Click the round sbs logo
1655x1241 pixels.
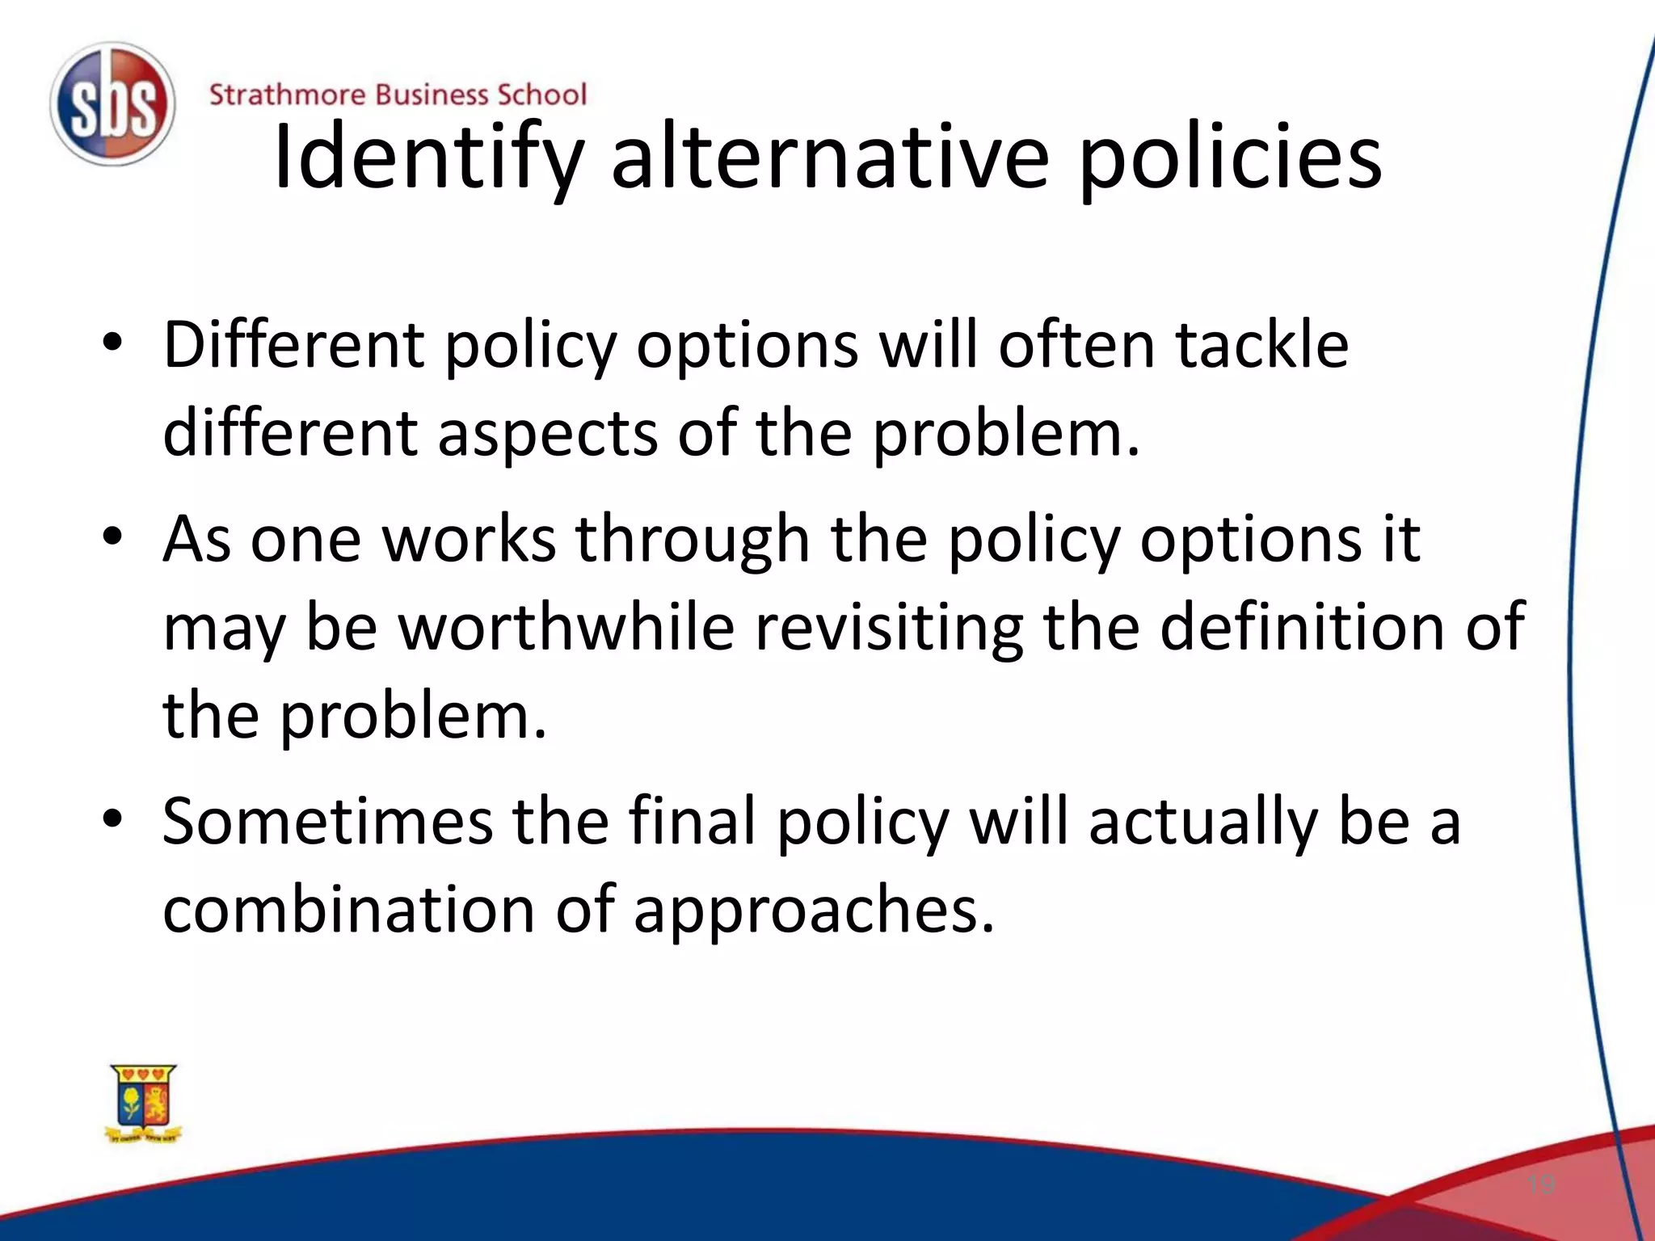point(112,105)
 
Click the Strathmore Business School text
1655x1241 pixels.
point(398,95)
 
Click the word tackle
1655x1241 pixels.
point(1261,345)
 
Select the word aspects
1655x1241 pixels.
point(547,434)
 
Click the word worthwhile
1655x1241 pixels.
point(566,627)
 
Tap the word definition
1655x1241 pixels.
point(1302,627)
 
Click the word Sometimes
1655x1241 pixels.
point(327,821)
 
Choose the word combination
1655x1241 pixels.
point(349,910)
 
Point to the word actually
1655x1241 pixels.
point(1202,822)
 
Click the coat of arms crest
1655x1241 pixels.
point(144,1104)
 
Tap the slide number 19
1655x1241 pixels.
point(1541,1185)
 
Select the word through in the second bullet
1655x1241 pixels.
point(692,540)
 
